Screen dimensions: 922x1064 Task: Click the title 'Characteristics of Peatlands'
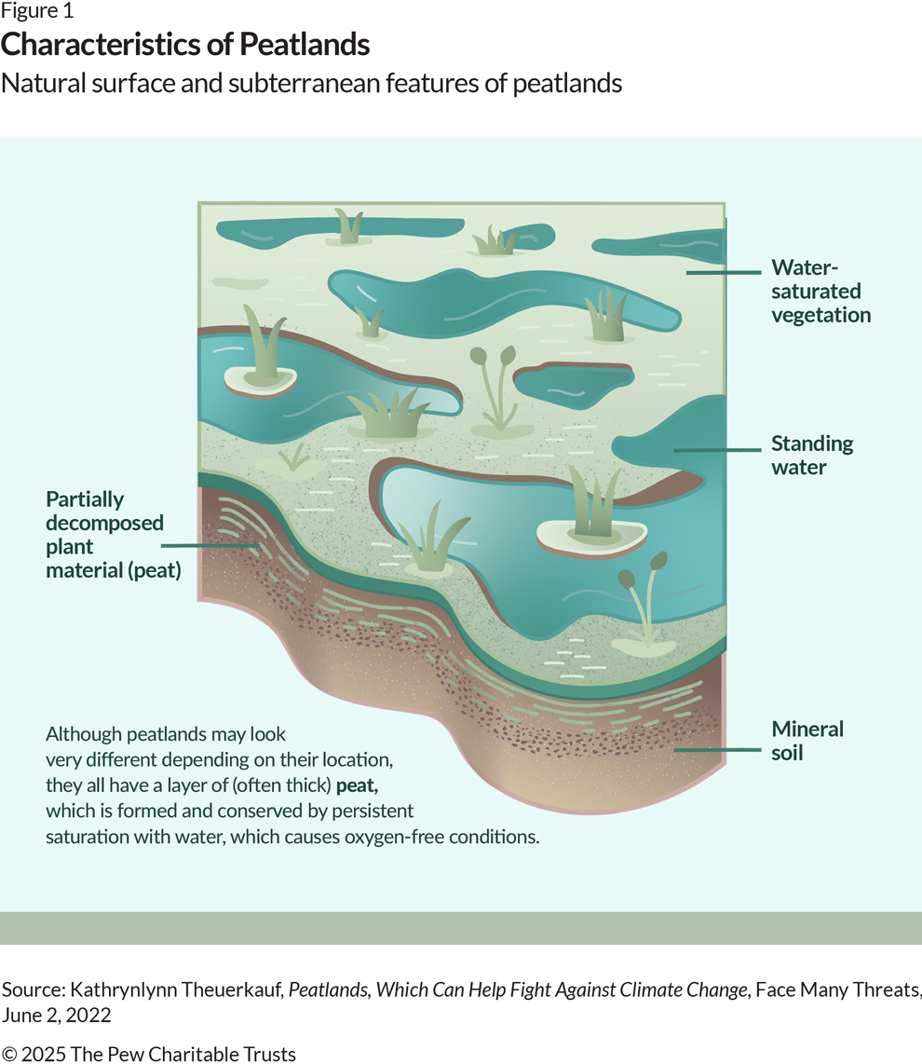(x=185, y=45)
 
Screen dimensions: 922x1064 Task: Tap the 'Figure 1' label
(x=36, y=10)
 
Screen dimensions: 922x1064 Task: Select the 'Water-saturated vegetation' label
(x=820, y=291)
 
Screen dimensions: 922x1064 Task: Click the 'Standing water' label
(x=812, y=456)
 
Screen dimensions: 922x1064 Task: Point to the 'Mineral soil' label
(x=807, y=741)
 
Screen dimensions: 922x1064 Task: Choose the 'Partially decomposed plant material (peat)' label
(x=114, y=535)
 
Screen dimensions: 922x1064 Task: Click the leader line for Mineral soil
(x=717, y=751)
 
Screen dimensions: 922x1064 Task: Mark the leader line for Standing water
(x=717, y=450)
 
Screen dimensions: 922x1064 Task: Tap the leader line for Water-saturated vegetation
(x=724, y=272)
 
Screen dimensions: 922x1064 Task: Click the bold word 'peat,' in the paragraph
(x=357, y=785)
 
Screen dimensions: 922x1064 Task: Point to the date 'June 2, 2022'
(x=56, y=1016)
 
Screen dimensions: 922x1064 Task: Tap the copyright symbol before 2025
(x=9, y=1054)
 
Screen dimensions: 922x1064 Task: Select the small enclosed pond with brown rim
(x=574, y=385)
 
